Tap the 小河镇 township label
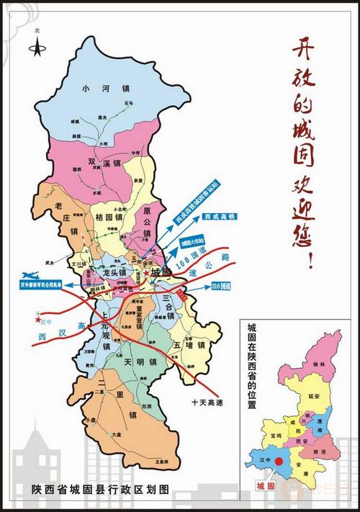[106, 89]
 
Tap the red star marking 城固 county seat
[146, 274]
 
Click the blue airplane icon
[29, 275]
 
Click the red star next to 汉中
[36, 320]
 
